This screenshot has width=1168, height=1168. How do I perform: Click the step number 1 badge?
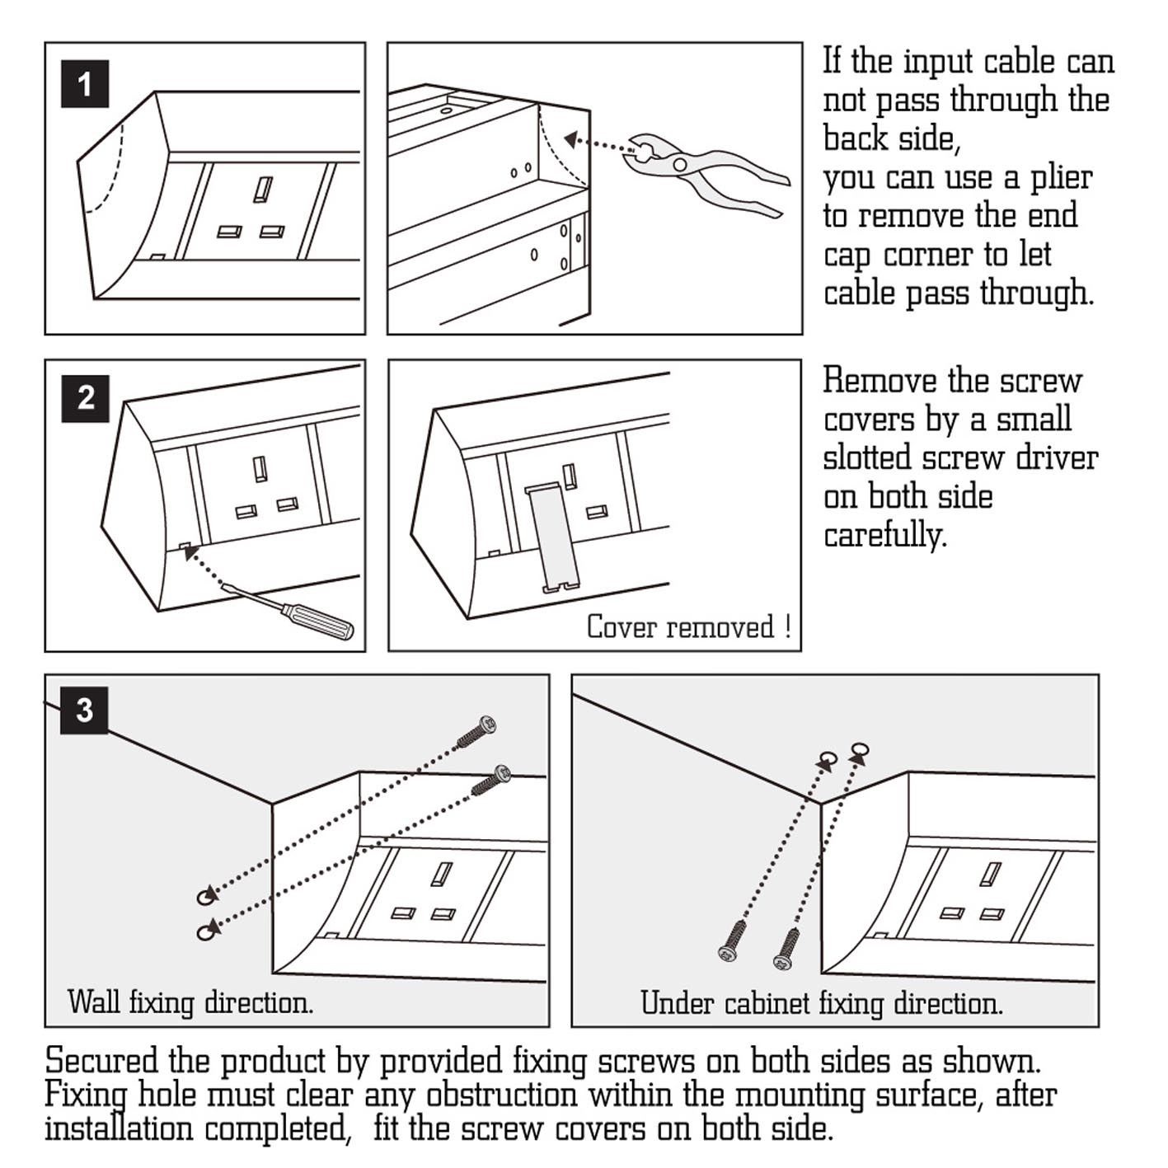(x=85, y=84)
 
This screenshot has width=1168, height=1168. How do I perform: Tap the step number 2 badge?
(x=86, y=399)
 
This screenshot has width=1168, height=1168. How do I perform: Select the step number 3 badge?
(x=85, y=710)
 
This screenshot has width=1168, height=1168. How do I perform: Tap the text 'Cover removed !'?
(x=688, y=627)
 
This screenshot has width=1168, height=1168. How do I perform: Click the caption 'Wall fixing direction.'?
(x=190, y=1002)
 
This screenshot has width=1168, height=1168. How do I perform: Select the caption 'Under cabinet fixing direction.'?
(x=822, y=1003)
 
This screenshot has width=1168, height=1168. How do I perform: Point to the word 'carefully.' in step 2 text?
(x=884, y=536)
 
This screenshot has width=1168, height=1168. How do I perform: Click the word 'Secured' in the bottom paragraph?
(x=102, y=1061)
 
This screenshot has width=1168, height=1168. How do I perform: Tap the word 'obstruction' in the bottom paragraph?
(x=501, y=1095)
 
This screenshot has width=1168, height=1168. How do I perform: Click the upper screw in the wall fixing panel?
(x=478, y=731)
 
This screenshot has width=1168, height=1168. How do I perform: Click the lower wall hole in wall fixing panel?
(x=206, y=931)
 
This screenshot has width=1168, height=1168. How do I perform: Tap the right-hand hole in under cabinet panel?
(x=860, y=750)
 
